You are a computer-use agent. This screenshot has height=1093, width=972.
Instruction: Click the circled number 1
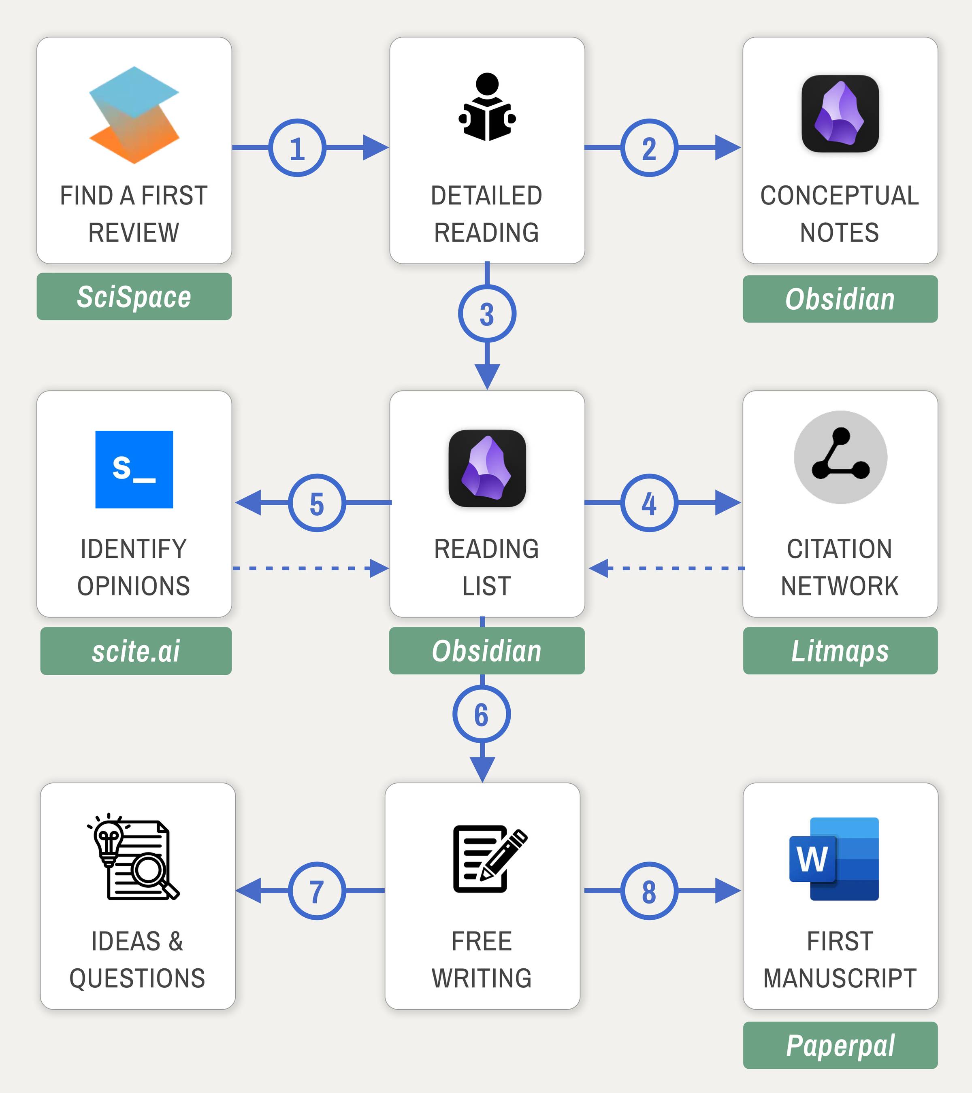coord(297,148)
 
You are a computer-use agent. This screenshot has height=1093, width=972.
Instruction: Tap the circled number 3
coord(487,314)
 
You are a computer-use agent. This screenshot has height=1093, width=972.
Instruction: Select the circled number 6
coord(482,714)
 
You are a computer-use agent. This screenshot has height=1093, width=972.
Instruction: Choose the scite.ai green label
coord(136,651)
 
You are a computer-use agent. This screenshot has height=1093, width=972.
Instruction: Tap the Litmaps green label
coord(840,651)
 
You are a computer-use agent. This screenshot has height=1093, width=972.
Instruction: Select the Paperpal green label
coord(840,1045)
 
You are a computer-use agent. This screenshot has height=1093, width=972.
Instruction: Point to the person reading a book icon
coord(487,107)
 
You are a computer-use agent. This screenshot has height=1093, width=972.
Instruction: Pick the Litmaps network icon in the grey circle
coord(840,457)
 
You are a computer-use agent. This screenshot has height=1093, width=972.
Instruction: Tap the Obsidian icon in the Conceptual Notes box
coord(840,113)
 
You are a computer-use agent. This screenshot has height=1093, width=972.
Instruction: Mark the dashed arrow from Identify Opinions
coord(310,568)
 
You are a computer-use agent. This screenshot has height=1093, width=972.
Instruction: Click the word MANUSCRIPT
coord(840,978)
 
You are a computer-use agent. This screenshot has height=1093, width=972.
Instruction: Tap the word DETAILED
coord(486,196)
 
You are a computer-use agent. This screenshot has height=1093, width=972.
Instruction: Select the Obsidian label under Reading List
coord(486,651)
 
